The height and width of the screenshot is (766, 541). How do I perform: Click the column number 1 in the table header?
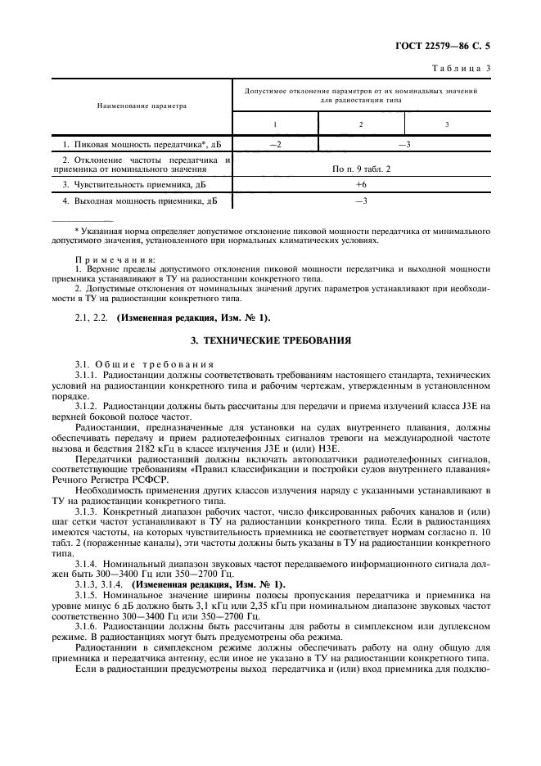coord(275,124)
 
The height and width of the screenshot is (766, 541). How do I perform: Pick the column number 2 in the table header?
coord(360,124)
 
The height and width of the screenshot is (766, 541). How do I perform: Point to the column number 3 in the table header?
coord(447,124)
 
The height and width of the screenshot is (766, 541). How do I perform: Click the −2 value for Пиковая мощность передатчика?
coord(275,144)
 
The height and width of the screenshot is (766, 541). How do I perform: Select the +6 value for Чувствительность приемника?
coord(360,185)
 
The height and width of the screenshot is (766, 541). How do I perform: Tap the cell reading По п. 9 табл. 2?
coord(360,169)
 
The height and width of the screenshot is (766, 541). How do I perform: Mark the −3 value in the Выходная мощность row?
coord(360,201)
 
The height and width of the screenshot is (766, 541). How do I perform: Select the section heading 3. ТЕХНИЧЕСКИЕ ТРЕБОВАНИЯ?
coord(270,339)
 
